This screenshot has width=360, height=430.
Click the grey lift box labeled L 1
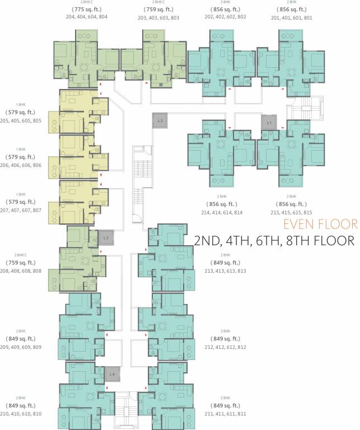click(x=269, y=122)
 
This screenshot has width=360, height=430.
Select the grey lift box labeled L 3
click(x=106, y=238)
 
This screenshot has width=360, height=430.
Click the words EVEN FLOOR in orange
click(x=320, y=225)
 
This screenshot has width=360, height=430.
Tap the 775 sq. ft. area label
click(x=87, y=10)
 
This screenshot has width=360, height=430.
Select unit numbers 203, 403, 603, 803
click(x=158, y=18)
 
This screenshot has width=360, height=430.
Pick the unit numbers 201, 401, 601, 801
click(x=291, y=17)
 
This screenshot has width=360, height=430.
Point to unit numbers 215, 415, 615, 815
click(x=291, y=212)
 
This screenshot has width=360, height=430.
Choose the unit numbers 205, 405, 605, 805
click(x=21, y=120)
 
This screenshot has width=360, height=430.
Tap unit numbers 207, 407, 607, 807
click(x=21, y=210)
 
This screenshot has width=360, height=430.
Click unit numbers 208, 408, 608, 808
click(x=21, y=270)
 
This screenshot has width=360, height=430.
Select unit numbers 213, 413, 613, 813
click(x=226, y=270)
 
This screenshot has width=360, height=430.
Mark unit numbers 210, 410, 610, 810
click(x=21, y=414)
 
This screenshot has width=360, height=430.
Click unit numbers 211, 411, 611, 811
click(x=226, y=414)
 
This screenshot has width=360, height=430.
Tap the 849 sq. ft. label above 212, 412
click(x=226, y=339)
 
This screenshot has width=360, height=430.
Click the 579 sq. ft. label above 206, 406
click(x=21, y=157)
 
